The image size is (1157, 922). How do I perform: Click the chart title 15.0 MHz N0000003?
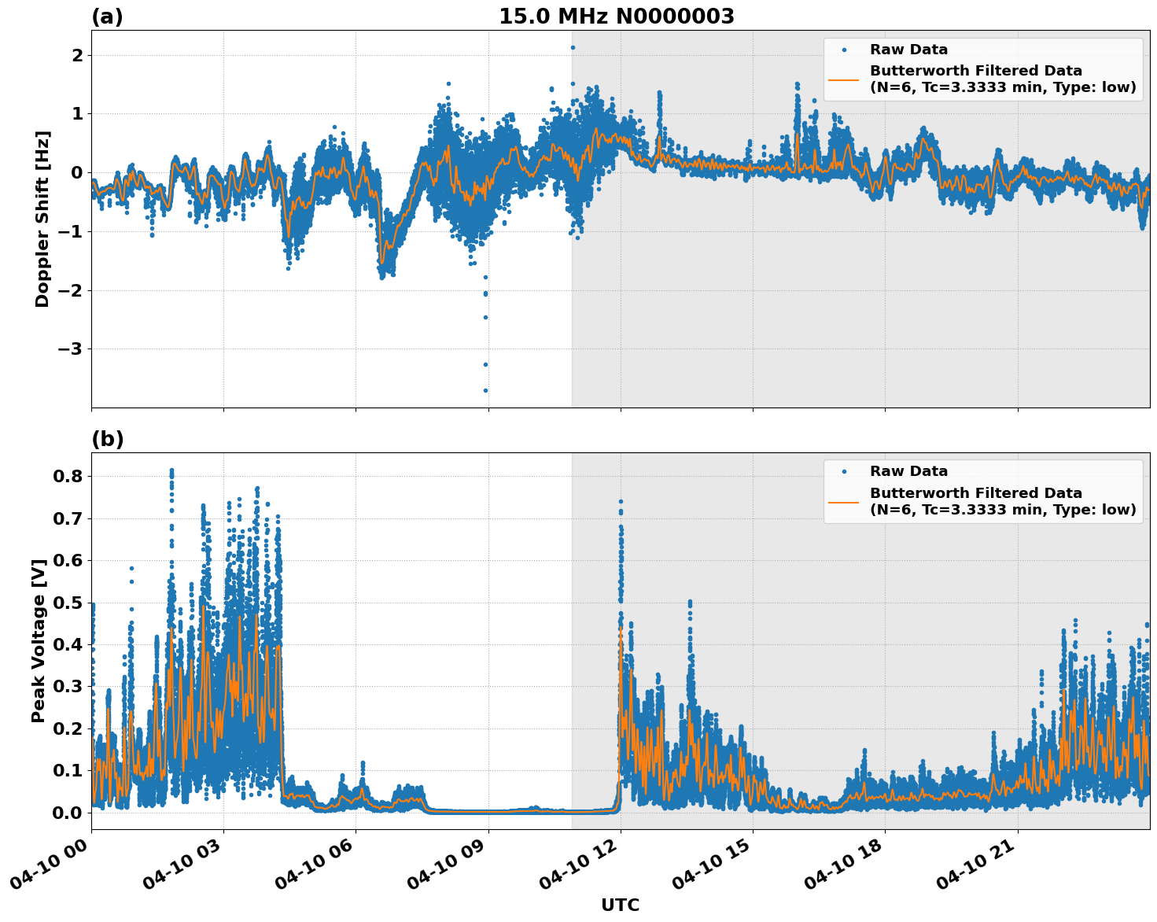pos(616,17)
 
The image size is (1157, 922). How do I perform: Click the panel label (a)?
pos(107,17)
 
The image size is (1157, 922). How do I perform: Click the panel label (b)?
pos(107,439)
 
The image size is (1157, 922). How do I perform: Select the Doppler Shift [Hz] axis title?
pos(42,219)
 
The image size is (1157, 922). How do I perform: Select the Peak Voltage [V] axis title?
pos(39,640)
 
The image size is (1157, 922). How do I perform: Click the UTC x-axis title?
pos(620,905)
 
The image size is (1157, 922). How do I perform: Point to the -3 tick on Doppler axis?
pos(71,349)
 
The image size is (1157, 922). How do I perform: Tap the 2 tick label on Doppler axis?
pos(77,55)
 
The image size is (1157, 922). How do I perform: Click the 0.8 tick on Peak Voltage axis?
pos(69,477)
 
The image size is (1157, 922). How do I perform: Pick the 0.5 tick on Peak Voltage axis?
pos(69,603)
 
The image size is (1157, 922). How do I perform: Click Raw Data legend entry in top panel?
pos(908,50)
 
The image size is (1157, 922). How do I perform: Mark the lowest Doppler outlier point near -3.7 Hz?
pos(485,390)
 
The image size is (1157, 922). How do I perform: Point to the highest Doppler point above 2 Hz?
pos(573,47)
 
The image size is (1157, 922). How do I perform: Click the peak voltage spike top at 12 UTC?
pos(621,501)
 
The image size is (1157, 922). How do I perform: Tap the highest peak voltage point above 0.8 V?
pos(171,470)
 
